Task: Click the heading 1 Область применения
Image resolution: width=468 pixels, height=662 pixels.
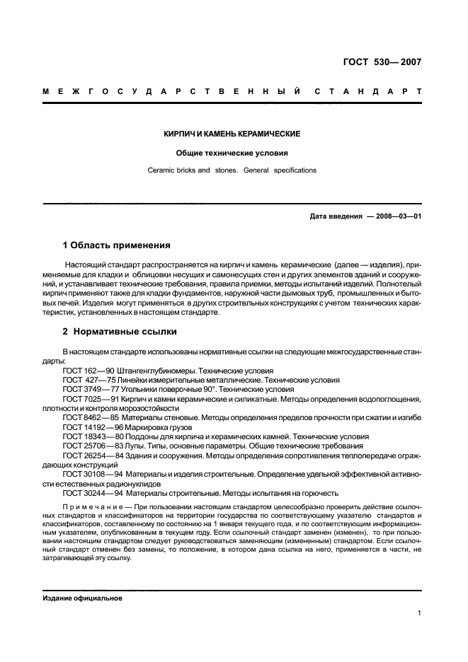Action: pyautogui.click(x=117, y=245)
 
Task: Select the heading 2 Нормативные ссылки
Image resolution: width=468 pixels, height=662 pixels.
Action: pyautogui.click(x=120, y=331)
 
